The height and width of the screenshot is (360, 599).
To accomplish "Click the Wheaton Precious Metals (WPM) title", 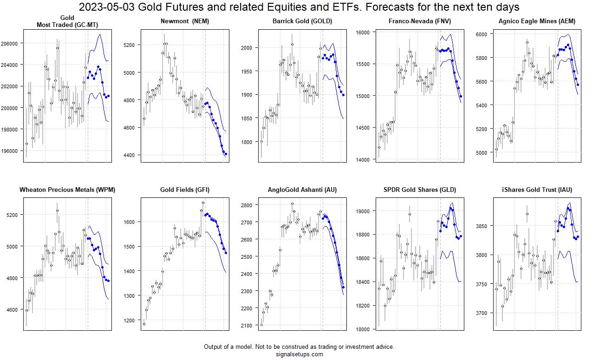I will point(67,190).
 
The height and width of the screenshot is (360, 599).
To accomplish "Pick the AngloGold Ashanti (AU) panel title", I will point(302,190).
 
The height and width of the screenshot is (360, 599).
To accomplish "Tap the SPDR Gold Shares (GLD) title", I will point(420,190).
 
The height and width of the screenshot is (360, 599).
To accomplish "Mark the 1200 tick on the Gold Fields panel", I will point(131,320).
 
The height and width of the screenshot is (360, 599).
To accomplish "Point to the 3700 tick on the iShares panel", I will point(482,313).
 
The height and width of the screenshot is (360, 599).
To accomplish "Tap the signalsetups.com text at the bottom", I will point(299,354).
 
